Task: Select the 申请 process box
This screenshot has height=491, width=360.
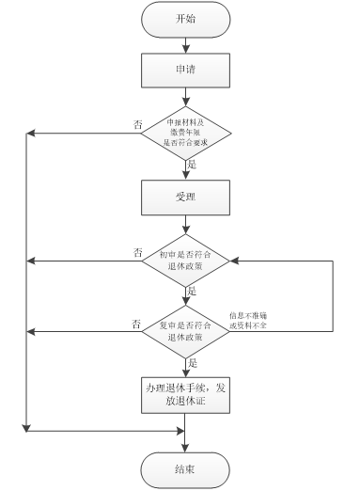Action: point(185,71)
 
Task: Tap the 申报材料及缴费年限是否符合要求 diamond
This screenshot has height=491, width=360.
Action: point(185,134)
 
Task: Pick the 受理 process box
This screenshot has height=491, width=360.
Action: point(185,198)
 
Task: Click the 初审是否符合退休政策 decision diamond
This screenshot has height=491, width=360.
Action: point(185,261)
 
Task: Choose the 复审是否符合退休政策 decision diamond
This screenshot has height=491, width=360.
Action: point(185,330)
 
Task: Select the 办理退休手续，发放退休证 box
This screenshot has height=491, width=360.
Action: point(185,394)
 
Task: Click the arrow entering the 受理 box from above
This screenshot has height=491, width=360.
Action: point(185,170)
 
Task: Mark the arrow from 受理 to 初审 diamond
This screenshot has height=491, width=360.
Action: point(185,225)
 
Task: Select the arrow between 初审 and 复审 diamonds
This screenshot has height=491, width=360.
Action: point(185,295)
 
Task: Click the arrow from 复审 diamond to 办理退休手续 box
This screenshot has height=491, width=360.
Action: point(185,366)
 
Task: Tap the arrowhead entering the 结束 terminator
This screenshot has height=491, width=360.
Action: point(185,447)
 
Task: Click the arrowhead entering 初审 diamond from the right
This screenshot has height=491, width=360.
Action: point(235,261)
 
